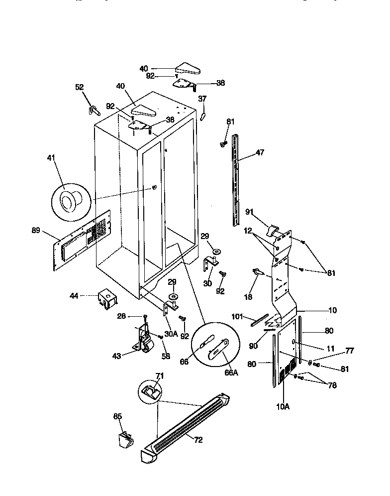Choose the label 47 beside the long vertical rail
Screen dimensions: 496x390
(260, 154)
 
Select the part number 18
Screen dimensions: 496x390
(248, 297)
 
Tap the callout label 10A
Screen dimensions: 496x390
(282, 406)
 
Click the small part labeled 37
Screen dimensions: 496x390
(203, 116)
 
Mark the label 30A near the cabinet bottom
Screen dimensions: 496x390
(171, 334)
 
